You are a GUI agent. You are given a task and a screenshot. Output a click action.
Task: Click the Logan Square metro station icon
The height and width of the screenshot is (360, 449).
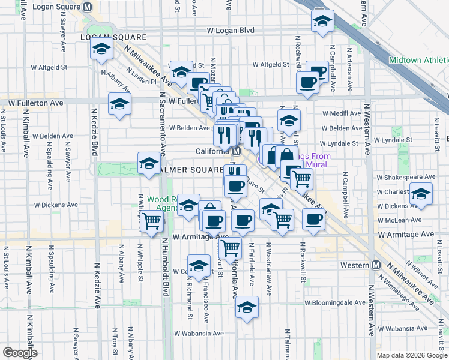[x=88, y=7]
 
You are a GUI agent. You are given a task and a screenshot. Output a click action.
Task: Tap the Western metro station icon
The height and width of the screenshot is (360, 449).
[x=376, y=265]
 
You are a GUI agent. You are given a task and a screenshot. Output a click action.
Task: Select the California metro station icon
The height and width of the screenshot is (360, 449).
[x=237, y=151]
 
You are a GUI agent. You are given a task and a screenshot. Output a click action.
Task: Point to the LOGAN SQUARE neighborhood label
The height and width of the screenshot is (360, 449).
[x=105, y=37]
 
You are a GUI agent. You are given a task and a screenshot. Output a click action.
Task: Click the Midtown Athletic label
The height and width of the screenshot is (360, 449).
[x=418, y=60]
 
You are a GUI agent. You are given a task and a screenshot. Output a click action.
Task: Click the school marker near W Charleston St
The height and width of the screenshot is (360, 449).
[x=420, y=195]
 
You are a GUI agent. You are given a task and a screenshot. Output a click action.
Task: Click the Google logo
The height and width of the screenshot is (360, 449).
[x=20, y=353]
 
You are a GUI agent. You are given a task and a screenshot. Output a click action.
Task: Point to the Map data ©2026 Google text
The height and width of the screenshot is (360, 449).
[x=412, y=355]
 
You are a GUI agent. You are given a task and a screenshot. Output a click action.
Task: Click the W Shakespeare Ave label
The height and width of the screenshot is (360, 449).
[x=405, y=177]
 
